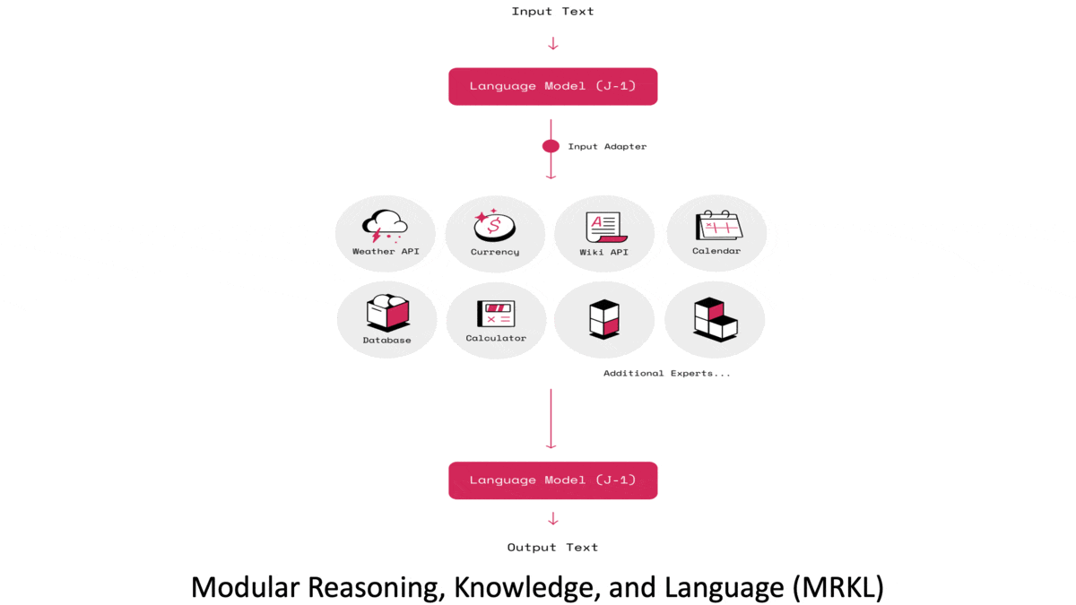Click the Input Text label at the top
tap(552, 12)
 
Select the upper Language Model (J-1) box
tap(552, 86)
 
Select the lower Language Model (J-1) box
tap(552, 480)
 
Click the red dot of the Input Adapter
tap(551, 146)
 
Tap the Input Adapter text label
tap(607, 146)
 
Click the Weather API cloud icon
tap(385, 226)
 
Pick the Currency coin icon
tap(495, 225)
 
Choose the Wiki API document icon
tap(604, 227)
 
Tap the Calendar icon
tap(717, 225)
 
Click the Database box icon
tap(387, 313)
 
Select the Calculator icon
tap(496, 314)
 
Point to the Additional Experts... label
tap(666, 373)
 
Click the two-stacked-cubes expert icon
tap(604, 317)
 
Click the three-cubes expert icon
tap(715, 318)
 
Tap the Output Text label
tap(552, 547)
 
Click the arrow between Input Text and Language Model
tap(552, 43)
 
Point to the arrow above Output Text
tap(552, 519)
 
